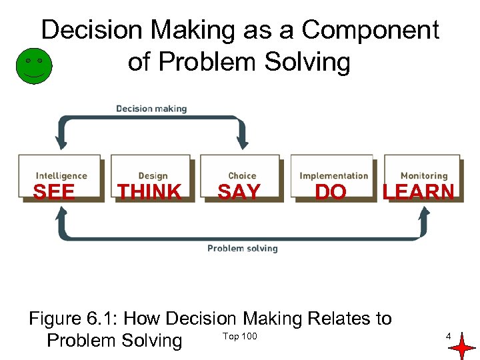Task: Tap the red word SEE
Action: (x=54, y=192)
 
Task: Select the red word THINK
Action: (x=149, y=192)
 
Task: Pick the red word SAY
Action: (x=239, y=192)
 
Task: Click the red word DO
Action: (x=331, y=192)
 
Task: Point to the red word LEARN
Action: (x=419, y=192)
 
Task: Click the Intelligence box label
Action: (x=61, y=176)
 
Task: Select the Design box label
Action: (x=153, y=176)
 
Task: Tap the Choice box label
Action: (x=242, y=176)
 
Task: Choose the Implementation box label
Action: (x=333, y=176)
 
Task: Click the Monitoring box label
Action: (x=424, y=176)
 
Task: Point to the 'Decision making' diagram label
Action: (x=151, y=109)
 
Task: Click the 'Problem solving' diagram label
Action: (x=242, y=249)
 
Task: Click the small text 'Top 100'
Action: (x=240, y=336)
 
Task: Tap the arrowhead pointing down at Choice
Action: (x=243, y=142)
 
